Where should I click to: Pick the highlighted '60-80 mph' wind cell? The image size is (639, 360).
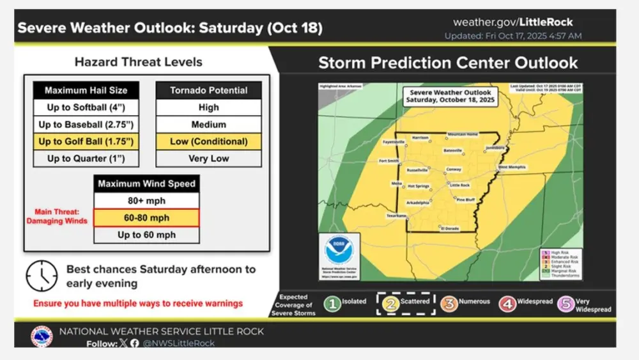click(146, 218)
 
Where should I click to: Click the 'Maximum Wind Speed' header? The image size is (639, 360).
click(146, 184)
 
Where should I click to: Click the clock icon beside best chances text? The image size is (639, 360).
click(42, 276)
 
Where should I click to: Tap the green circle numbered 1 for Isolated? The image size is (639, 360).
click(332, 304)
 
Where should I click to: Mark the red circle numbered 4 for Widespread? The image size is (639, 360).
click(507, 304)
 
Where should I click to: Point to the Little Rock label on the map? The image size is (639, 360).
click(460, 185)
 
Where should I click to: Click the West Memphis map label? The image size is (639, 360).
click(512, 167)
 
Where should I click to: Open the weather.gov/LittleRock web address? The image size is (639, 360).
click(513, 22)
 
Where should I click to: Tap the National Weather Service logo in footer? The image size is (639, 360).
click(42, 336)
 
